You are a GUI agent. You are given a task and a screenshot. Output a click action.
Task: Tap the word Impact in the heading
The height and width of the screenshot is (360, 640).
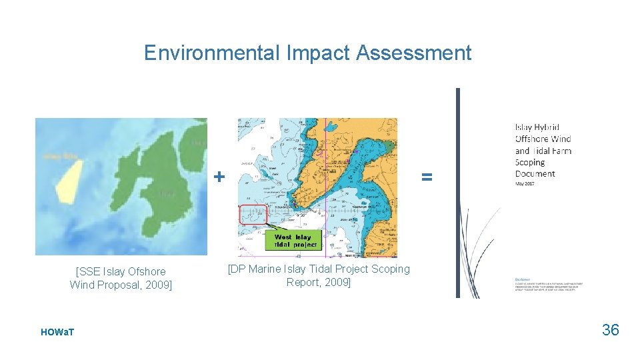(x=317, y=53)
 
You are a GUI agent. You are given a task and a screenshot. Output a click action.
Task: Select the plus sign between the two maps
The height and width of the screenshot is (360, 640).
(x=219, y=177)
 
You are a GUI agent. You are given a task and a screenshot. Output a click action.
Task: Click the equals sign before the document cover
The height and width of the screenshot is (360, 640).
(x=427, y=177)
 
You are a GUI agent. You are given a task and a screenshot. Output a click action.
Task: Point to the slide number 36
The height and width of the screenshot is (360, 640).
(x=610, y=329)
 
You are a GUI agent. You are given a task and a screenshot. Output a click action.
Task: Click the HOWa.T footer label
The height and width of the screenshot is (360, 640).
(x=57, y=332)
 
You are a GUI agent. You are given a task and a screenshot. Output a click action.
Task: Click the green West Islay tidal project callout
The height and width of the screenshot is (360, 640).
(x=293, y=241)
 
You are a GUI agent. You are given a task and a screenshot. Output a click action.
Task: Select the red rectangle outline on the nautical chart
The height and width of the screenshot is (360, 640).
(x=253, y=215)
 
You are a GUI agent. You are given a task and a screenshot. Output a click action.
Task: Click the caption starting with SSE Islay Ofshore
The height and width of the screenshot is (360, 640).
(x=121, y=278)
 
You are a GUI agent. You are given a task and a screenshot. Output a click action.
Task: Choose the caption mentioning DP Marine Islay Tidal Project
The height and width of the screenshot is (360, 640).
(x=319, y=275)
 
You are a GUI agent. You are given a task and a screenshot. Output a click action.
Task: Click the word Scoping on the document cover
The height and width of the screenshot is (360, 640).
(x=530, y=162)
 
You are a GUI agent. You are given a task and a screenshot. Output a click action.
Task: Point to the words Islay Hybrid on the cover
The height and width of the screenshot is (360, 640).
(x=537, y=127)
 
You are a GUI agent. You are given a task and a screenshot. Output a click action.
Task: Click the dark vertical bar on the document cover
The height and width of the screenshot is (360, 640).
(x=458, y=193)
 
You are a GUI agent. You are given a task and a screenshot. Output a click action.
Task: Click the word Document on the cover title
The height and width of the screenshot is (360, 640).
(x=535, y=173)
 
